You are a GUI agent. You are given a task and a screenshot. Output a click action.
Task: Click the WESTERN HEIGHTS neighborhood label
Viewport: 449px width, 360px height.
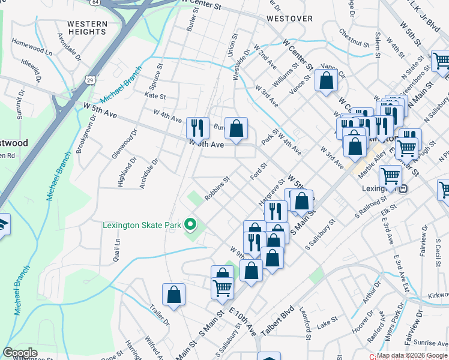[87, 28]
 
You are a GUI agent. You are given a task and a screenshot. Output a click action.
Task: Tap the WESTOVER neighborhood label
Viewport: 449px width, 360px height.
[289, 19]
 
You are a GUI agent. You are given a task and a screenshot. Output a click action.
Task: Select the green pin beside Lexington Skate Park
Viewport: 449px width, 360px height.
[190, 225]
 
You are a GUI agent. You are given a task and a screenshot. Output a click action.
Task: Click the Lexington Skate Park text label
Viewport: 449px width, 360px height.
[142, 226]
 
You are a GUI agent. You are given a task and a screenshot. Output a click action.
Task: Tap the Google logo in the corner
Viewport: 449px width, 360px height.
[20, 353]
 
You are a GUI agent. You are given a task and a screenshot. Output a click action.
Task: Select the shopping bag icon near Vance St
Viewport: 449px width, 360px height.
[326, 80]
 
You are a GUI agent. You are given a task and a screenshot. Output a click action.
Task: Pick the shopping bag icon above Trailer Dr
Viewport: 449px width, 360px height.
[173, 295]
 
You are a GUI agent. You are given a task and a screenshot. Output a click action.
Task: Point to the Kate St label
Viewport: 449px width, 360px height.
[155, 95]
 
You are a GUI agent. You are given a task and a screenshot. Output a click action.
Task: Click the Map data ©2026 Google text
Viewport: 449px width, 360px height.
[412, 355]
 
